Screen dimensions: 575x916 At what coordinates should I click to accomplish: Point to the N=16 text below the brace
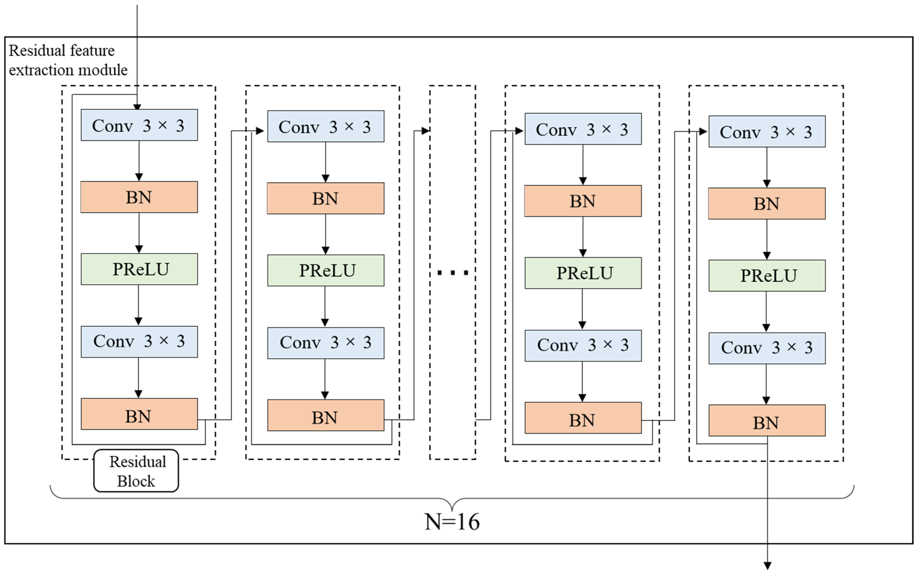coord(452,522)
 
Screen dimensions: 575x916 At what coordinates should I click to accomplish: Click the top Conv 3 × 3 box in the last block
coord(767,131)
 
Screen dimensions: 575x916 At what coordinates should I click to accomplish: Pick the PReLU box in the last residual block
coord(767,276)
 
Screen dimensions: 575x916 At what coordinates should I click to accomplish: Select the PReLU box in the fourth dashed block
coord(583,273)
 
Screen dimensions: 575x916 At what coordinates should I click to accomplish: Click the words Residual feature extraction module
coord(68,60)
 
